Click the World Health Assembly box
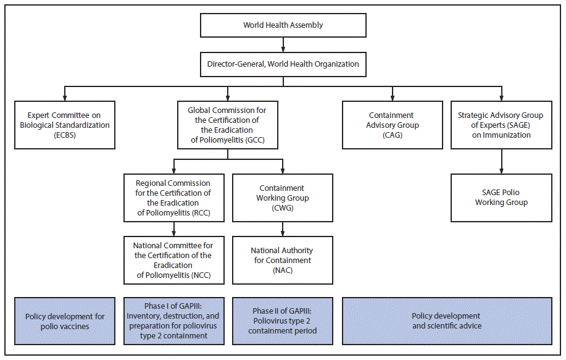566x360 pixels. click(283, 25)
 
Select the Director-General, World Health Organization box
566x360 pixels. click(283, 64)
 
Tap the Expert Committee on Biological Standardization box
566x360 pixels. click(64, 125)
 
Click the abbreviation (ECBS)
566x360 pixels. click(64, 135)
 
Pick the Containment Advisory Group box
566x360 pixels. click(392, 125)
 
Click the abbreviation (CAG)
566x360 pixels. click(392, 135)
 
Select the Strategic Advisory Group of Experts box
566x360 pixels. click(501, 125)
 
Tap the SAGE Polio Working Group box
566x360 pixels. click(501, 198)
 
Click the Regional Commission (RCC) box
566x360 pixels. click(173, 198)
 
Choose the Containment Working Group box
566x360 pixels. click(283, 198)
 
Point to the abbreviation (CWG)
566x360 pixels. click(283, 207)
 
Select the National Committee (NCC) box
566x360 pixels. click(173, 260)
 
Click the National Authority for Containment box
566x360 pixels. click(283, 260)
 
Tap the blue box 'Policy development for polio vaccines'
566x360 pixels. click(64, 321)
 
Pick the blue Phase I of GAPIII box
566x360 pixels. click(173, 321)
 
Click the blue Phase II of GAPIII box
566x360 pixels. click(283, 321)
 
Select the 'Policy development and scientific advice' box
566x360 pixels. click(446, 321)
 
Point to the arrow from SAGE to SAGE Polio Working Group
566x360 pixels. click(501, 161)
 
